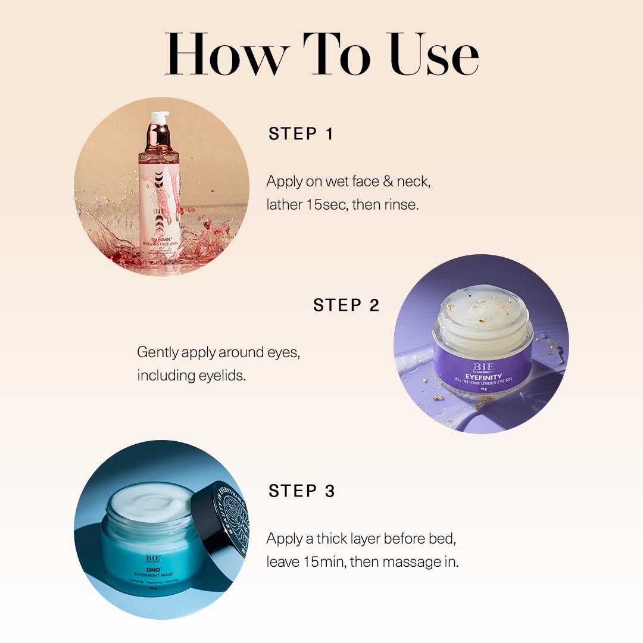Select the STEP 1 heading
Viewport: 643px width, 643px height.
click(301, 134)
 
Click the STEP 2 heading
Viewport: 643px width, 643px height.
click(346, 305)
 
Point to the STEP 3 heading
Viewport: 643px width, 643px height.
click(301, 491)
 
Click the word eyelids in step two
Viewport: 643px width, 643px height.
click(221, 376)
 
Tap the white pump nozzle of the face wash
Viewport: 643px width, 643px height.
click(159, 117)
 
